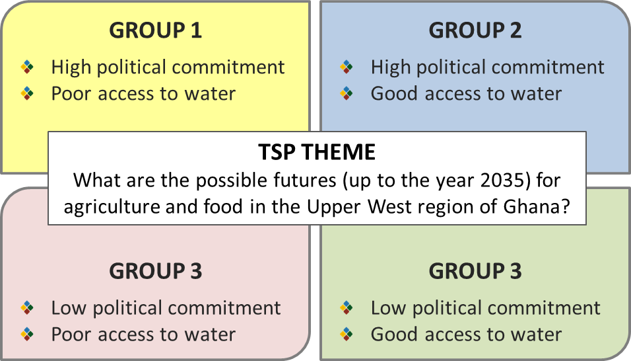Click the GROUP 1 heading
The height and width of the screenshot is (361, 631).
click(x=155, y=30)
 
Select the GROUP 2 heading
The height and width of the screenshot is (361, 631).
click(x=475, y=30)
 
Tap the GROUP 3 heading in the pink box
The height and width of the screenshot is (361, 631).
click(x=155, y=271)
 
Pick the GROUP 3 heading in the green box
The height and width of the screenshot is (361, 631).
click(x=475, y=271)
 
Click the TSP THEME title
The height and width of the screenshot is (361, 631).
click(x=317, y=152)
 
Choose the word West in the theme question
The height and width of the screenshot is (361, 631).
click(x=389, y=207)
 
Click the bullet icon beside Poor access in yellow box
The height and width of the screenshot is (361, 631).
click(x=27, y=93)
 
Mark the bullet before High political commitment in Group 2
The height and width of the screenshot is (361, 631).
click(x=347, y=67)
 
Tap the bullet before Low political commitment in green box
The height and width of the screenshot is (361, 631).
click(x=347, y=308)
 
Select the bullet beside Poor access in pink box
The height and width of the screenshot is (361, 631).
click(x=27, y=335)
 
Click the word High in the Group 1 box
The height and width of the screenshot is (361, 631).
click(x=71, y=67)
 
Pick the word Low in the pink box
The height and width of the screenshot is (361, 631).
click(x=69, y=308)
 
